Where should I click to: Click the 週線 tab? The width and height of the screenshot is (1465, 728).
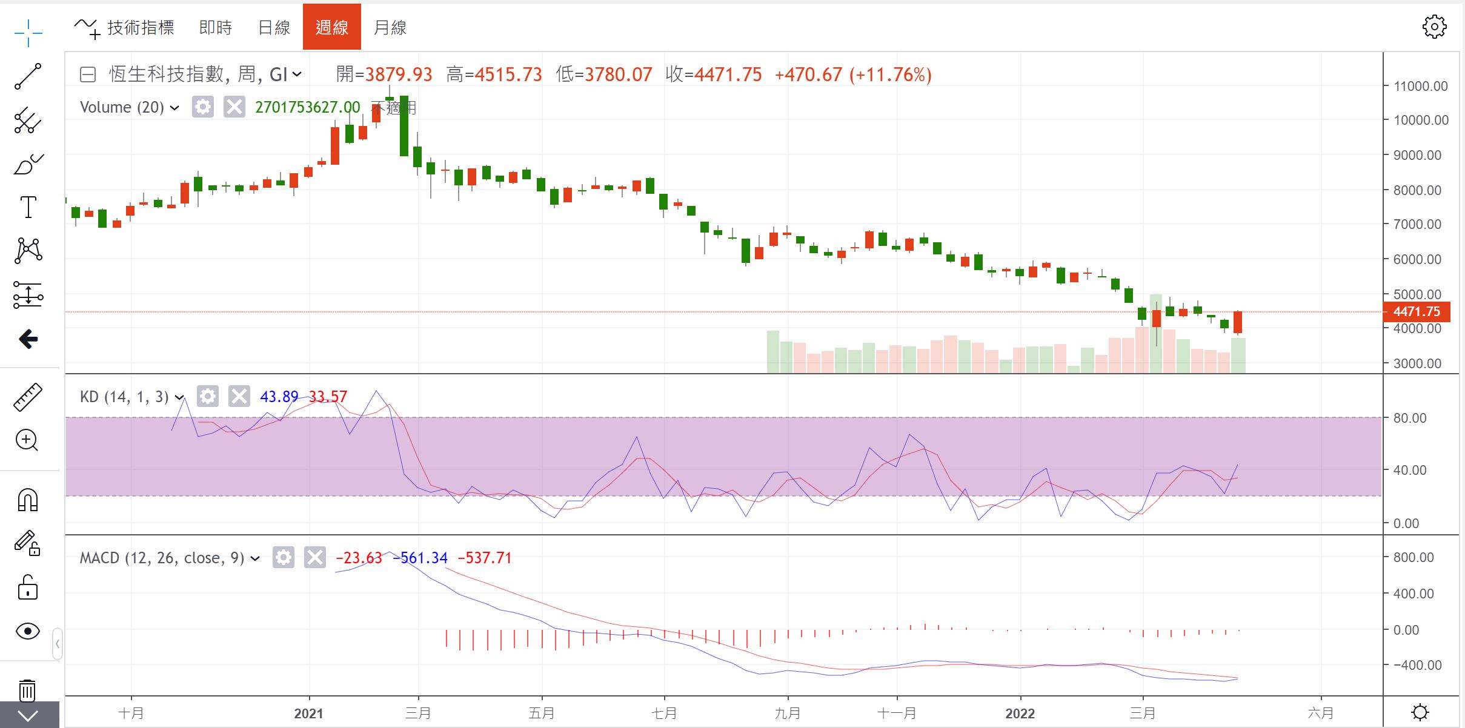coord(331,27)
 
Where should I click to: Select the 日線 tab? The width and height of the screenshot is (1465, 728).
coord(274,27)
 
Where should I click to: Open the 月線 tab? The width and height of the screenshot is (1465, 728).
coord(390,27)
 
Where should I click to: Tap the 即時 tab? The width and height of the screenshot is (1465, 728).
coord(216,27)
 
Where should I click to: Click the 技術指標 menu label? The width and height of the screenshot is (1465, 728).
coord(140,27)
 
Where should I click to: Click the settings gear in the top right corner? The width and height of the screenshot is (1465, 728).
coord(1433,27)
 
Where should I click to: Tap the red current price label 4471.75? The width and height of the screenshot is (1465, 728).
coord(1416,312)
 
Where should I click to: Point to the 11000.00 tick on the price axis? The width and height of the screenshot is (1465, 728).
coord(1420,86)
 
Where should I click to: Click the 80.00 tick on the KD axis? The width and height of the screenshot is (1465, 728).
coord(1409,418)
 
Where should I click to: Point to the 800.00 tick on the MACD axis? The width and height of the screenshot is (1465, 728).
coord(1413,557)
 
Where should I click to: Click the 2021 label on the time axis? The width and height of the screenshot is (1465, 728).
coord(309,713)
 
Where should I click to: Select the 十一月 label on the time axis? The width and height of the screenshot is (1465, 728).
coord(897,713)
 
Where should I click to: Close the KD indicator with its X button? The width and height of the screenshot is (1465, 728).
coord(239,397)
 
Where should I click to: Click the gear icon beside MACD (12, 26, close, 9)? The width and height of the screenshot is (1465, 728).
coord(283,557)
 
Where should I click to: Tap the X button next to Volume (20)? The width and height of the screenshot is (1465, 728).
coord(234,107)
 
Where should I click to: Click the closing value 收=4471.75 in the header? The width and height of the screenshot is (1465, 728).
coord(713,74)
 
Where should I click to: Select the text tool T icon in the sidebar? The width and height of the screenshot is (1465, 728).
coord(28,207)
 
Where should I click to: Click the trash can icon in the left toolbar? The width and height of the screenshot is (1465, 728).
coord(27,689)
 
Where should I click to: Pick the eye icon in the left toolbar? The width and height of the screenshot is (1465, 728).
coord(28,631)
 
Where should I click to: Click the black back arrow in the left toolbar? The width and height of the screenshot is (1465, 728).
coord(28,339)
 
